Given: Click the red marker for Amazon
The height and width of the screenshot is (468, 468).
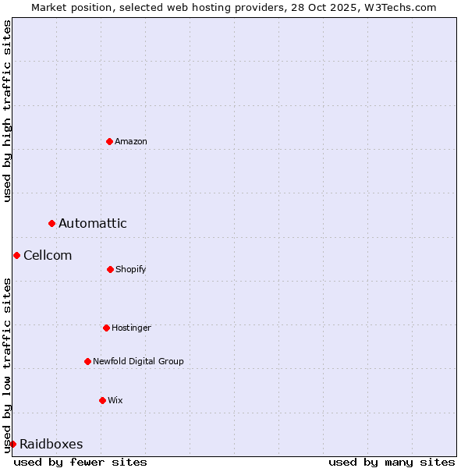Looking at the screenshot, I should pos(109,141).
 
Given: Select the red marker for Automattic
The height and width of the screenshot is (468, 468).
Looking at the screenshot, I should pos(52,224).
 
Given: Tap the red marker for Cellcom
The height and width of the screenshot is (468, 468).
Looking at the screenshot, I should pos(16,255).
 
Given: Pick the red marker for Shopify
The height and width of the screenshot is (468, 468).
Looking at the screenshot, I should pos(110,269).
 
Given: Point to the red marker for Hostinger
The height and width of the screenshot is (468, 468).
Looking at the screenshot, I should pos(106,328).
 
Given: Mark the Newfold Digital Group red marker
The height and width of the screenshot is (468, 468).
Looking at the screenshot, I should pos(87,361).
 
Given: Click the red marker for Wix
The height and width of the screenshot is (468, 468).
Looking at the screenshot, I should pos(102,400).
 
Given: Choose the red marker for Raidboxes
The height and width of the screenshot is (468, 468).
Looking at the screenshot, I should pos(12,444).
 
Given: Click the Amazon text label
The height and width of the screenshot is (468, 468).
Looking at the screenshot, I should pos(131,141).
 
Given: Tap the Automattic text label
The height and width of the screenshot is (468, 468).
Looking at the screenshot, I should pos(93,224).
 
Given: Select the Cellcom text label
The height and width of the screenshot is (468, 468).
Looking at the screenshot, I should pos(48,255).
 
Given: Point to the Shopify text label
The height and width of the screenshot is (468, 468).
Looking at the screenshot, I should pos(131,269).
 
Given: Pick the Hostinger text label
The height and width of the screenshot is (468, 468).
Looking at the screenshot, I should pos(131,328).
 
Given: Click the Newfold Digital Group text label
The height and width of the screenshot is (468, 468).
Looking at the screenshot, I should pos(138,361).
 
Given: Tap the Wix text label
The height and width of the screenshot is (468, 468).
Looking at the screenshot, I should pos(115,400).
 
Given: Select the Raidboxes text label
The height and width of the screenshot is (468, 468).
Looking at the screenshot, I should pos(51,444).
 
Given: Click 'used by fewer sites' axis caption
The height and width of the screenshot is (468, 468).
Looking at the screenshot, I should pos(80,462).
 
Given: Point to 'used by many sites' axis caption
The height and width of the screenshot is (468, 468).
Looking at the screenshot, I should pos(392,462).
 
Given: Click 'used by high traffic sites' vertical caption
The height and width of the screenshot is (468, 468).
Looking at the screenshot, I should pos(7,111).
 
